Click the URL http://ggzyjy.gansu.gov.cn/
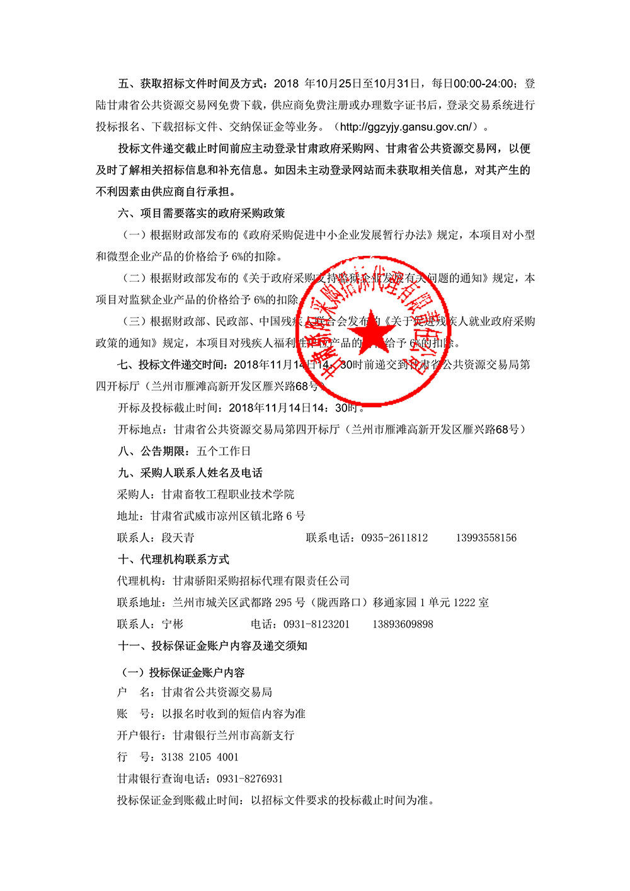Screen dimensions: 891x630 406,127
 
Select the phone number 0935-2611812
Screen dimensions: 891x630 394,537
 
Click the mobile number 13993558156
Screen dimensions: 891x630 486,537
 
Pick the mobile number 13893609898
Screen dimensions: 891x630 403,624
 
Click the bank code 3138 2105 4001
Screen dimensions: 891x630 200,757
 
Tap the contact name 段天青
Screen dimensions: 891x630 178,537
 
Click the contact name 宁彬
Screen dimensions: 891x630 173,624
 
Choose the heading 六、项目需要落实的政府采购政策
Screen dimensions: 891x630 201,213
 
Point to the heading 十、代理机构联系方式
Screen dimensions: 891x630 173,559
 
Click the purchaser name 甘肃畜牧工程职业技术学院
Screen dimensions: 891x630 228,494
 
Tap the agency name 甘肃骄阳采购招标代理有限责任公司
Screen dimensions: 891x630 261,580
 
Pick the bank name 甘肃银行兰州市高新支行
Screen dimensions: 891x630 233,735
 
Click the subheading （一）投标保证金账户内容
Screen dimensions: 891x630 182,672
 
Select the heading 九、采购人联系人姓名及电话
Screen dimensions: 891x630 190,473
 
